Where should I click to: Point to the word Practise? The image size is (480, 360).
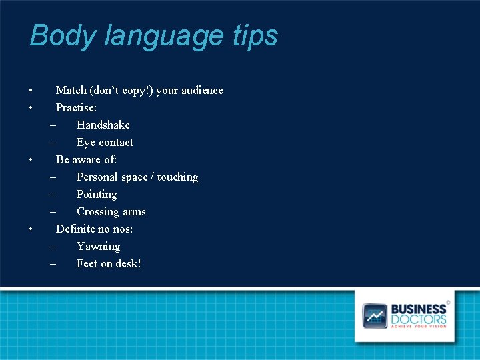76,107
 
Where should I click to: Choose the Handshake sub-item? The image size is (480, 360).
103,125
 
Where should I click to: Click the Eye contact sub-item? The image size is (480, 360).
105,142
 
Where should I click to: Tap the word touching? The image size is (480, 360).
177,177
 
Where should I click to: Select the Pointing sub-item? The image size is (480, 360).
97,195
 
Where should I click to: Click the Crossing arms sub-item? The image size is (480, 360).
111,212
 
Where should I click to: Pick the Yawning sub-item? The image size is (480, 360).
98,247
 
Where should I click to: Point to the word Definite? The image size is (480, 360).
73,229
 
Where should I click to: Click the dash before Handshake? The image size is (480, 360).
53,125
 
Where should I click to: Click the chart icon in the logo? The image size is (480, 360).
374,315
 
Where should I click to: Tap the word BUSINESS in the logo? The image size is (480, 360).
418,309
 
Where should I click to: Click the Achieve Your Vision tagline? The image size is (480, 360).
418,326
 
